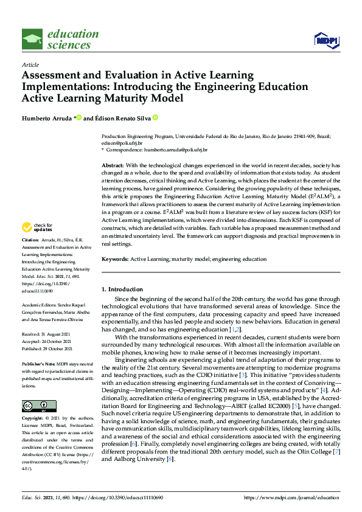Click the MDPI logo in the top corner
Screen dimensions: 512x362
point(325,40)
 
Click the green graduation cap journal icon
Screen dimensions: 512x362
point(32,40)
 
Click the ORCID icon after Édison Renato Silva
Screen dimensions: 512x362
point(155,117)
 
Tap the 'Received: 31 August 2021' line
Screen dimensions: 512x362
point(47,334)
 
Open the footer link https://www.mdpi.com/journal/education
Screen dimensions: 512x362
point(291,498)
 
